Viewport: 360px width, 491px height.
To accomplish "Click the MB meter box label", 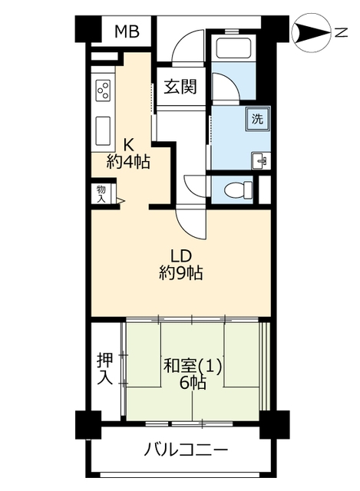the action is coord(127,31).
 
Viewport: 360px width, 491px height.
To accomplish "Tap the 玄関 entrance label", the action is coord(181,86).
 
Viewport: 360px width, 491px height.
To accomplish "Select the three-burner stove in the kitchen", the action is coord(104,90).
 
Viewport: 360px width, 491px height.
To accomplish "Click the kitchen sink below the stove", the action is coord(103,130).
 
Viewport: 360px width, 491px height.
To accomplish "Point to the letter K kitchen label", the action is coord(128,145).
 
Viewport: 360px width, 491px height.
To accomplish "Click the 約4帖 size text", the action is coord(128,162).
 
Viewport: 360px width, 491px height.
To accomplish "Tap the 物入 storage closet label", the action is coord(101,194).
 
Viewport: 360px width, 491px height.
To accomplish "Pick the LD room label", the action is coord(181,256).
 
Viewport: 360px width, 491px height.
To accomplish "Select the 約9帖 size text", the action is coord(181,272).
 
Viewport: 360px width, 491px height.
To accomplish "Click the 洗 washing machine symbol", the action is coord(258,119).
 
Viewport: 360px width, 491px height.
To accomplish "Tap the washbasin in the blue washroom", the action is coord(261,161).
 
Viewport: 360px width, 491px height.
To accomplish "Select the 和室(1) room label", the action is coord(193,366).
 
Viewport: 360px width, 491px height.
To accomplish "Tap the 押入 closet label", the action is coord(104,369).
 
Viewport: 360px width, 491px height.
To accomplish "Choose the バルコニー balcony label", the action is coord(186,451).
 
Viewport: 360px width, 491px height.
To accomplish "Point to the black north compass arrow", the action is coord(312,33).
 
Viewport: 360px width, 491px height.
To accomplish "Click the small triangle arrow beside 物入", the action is coord(121,201).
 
